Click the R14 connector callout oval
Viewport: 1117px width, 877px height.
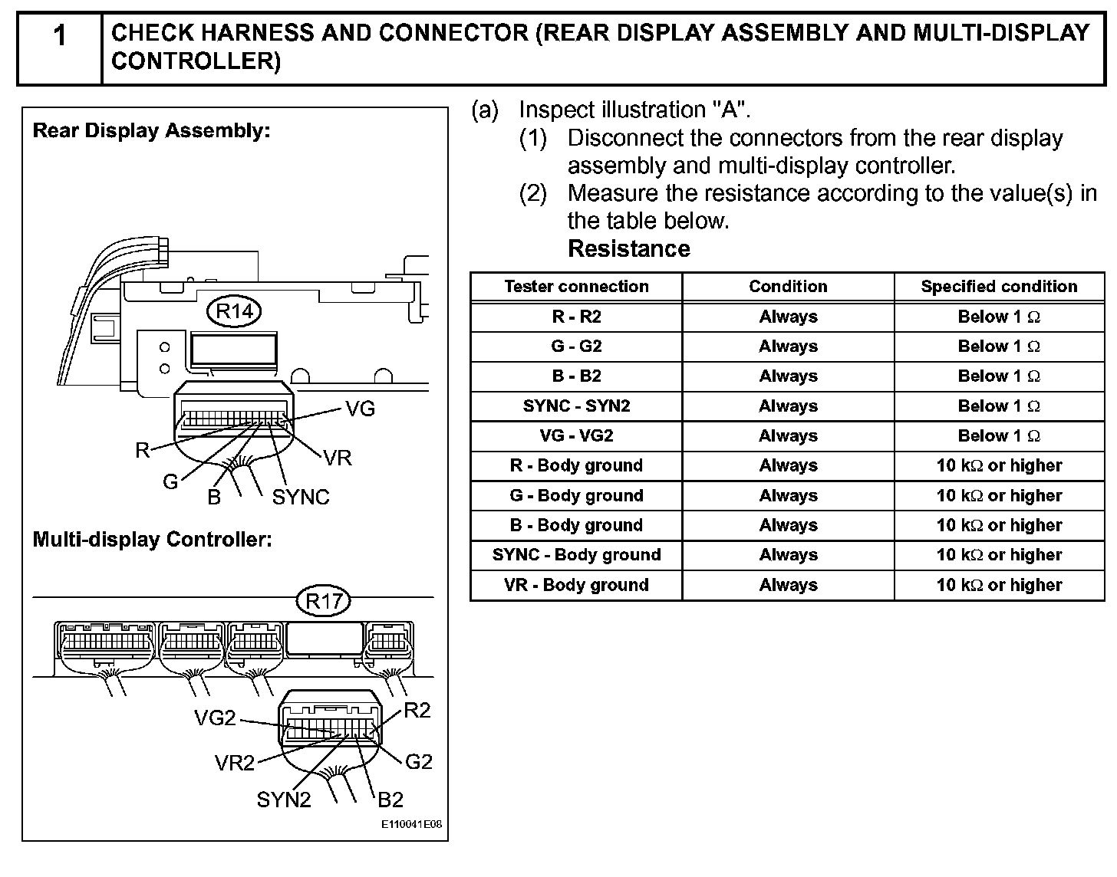pyautogui.click(x=234, y=311)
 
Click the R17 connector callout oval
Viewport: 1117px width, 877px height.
pyautogui.click(x=323, y=601)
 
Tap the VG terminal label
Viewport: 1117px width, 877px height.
pyautogui.click(x=360, y=409)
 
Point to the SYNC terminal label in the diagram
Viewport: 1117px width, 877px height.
pyautogui.click(x=301, y=498)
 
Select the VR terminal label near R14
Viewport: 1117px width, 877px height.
pyautogui.click(x=338, y=458)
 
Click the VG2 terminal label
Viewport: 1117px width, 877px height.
pyautogui.click(x=215, y=718)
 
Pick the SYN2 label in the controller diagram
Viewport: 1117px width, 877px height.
pyautogui.click(x=284, y=800)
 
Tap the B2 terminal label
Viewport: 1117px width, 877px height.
pyautogui.click(x=390, y=800)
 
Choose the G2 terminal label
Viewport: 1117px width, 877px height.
pyautogui.click(x=419, y=761)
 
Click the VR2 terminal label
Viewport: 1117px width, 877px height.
pyautogui.click(x=234, y=763)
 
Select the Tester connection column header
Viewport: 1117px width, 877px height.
pyautogui.click(x=576, y=287)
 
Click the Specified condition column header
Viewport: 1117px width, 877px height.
pyautogui.click(x=999, y=287)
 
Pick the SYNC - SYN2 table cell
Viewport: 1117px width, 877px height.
pyautogui.click(x=576, y=406)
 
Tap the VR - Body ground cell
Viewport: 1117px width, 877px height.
pyautogui.click(x=576, y=585)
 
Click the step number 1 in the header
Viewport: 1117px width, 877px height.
pyautogui.click(x=59, y=36)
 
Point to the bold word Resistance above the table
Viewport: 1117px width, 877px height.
pyautogui.click(x=628, y=249)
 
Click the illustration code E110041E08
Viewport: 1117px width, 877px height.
pyautogui.click(x=412, y=826)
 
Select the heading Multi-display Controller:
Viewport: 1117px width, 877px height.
pyautogui.click(x=152, y=540)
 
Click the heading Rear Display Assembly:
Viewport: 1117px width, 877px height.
pyautogui.click(x=151, y=130)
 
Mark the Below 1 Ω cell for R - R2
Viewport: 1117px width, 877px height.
pyautogui.click(x=999, y=317)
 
